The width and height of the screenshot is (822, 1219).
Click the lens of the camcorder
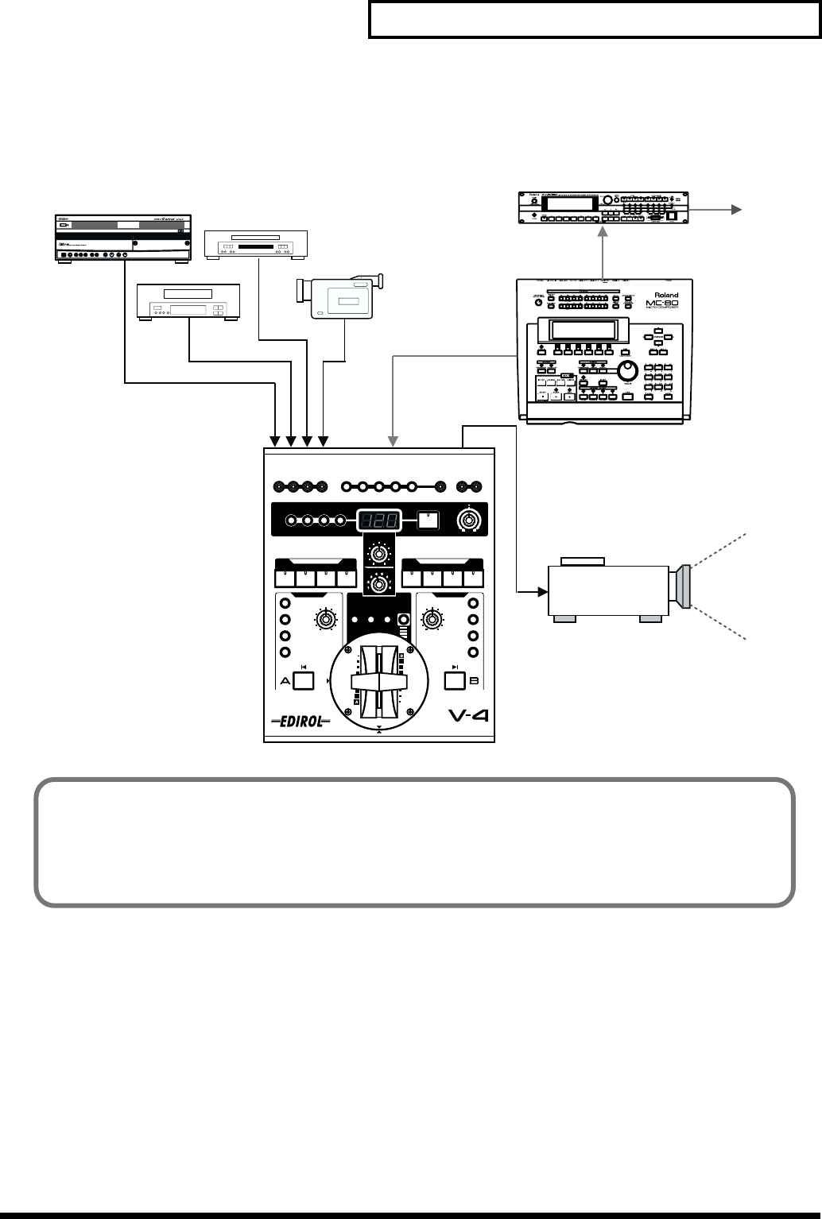[300, 290]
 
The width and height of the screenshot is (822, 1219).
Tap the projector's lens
[684, 588]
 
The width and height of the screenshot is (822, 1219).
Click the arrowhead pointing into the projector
[543, 591]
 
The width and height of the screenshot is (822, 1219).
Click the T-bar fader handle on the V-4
[380, 680]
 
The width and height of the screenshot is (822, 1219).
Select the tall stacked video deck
[122, 237]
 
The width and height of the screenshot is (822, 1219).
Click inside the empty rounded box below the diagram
[413, 842]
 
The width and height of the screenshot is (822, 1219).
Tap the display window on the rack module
[574, 203]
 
